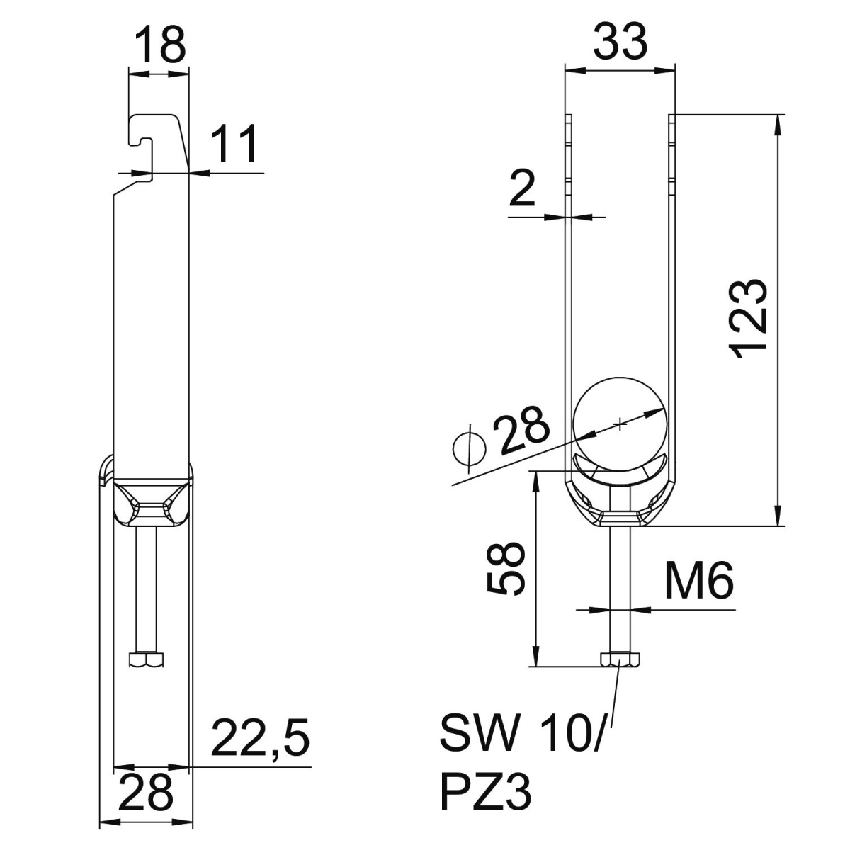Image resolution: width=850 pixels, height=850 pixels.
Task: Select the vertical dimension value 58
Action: click(507, 569)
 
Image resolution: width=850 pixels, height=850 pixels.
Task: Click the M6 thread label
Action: click(698, 582)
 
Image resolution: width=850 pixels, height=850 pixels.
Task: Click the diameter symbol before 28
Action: click(468, 448)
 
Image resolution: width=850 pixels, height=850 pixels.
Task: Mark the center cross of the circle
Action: click(620, 424)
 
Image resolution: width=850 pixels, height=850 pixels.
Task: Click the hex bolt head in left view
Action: click(147, 659)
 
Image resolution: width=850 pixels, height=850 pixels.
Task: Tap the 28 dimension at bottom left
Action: click(147, 793)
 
